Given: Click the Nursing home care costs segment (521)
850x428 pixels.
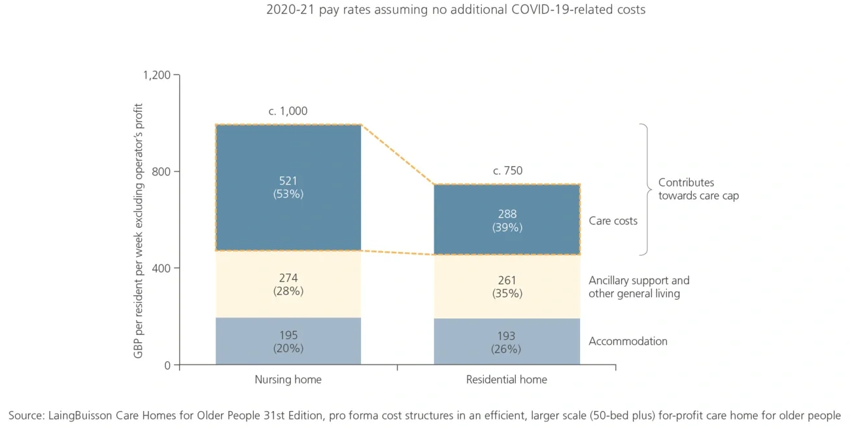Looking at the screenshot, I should (x=288, y=187).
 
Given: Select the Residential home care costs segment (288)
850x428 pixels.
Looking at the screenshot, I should (x=507, y=220).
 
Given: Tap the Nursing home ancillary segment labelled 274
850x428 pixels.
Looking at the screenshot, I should (x=288, y=284).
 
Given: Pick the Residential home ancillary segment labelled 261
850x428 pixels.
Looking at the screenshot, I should (x=507, y=287).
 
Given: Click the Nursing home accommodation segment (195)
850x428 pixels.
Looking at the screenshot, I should (x=288, y=341).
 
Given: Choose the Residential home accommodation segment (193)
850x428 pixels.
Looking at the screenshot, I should (x=507, y=342).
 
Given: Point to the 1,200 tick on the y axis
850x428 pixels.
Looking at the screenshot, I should (x=157, y=75).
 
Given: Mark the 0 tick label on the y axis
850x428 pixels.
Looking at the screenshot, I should (x=167, y=365).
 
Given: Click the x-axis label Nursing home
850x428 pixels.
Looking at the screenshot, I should (x=288, y=380).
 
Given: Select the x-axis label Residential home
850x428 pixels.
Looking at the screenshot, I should (x=507, y=380).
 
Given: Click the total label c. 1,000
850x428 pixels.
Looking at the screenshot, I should (x=288, y=111).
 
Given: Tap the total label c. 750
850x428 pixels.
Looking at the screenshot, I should (x=507, y=171).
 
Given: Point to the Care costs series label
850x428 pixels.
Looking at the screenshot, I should (x=613, y=221).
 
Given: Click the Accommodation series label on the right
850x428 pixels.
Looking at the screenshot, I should (x=628, y=342).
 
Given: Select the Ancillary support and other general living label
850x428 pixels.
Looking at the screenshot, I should (x=638, y=287).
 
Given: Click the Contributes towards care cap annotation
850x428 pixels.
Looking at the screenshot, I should (x=698, y=189).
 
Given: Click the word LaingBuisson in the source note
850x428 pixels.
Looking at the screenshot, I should (x=80, y=416).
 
